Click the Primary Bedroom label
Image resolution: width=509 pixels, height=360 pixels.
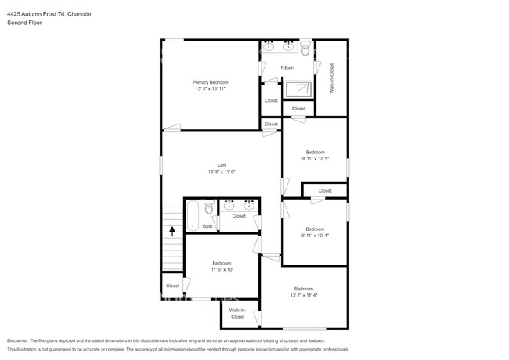pos(211,82)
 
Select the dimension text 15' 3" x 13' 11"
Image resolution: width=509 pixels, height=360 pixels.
pos(211,89)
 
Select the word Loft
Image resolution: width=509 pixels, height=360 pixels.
pos(222,165)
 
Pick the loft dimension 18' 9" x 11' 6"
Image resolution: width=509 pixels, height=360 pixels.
pos(222,172)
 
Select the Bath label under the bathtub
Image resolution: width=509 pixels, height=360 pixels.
pos(208,227)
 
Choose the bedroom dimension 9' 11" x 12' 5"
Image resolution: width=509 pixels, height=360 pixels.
pos(315,159)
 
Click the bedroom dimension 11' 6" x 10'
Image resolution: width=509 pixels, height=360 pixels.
pos(222,270)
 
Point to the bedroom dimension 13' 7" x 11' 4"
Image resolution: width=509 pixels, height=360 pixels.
pos(303,295)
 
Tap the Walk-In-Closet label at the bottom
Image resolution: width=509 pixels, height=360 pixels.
pos(237,314)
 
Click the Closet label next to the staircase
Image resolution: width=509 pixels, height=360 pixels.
pos(172,286)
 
